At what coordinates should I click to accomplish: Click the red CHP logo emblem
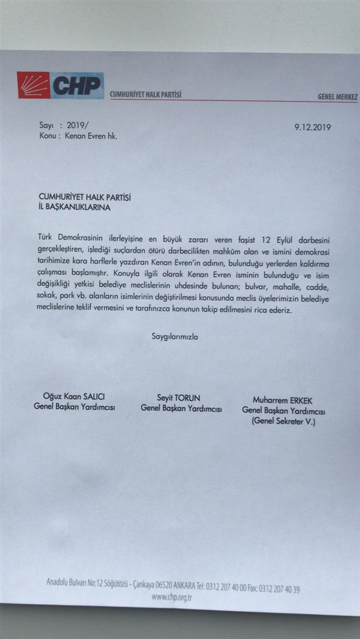point(33,85)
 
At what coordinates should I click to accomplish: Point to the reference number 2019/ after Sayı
point(73,125)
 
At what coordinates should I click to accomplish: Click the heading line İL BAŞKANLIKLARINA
point(73,206)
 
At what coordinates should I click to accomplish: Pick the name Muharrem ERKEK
point(283,400)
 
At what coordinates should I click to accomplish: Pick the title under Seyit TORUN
point(181,408)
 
